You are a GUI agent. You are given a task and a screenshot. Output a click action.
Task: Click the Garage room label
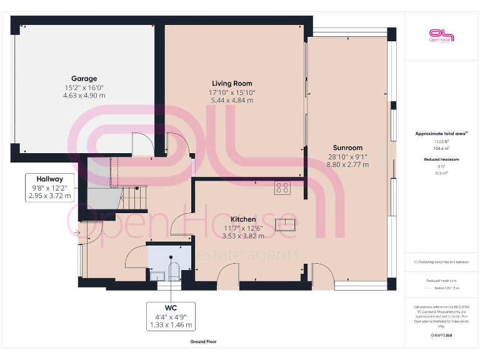84,79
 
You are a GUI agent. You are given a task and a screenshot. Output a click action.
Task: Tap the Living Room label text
232,83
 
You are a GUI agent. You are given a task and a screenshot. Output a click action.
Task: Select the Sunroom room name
348,148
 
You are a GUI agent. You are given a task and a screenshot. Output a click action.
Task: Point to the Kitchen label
242,219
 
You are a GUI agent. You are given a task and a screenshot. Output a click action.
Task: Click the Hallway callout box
50,187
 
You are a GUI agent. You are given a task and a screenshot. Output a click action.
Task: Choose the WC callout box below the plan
171,316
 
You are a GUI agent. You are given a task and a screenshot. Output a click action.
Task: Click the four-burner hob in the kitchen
282,187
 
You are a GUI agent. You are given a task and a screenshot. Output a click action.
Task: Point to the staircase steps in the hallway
134,199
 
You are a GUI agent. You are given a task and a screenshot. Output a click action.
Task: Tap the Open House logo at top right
441,36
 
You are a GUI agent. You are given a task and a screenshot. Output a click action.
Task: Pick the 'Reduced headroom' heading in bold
441,159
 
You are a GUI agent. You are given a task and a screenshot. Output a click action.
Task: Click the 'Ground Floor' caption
203,342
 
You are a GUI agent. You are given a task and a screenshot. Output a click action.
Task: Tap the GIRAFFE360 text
441,336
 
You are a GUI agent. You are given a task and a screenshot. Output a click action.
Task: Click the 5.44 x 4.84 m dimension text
232,100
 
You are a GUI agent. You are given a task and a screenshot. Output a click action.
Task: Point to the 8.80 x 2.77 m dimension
348,165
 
